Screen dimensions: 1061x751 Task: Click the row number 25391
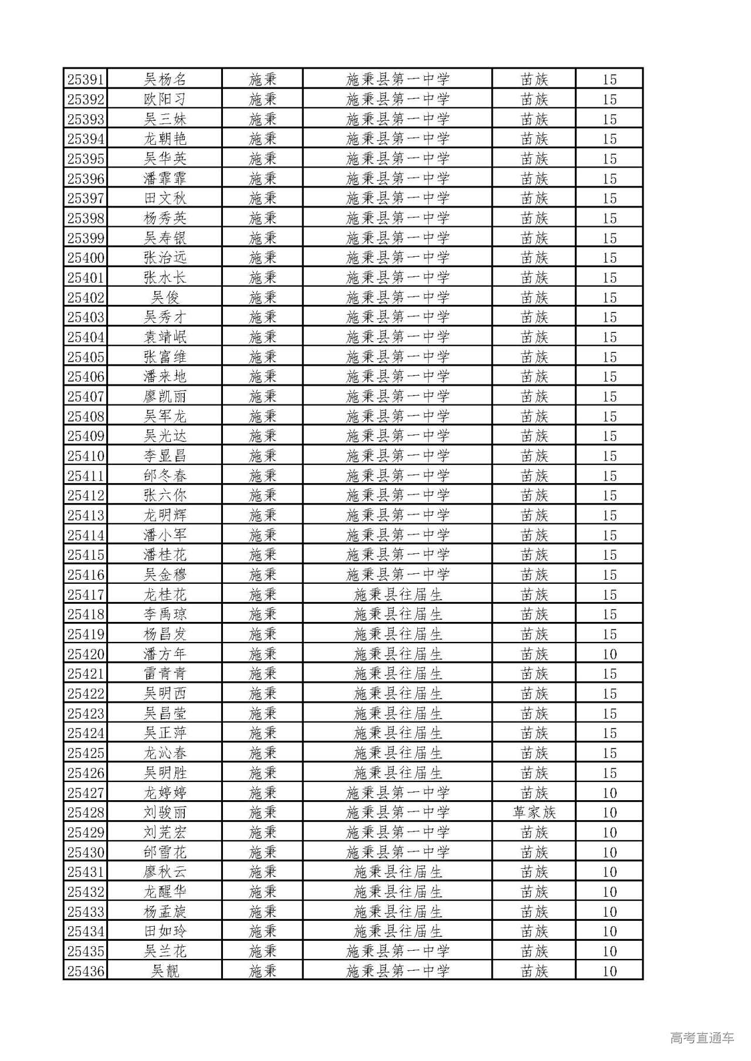pyautogui.click(x=86, y=79)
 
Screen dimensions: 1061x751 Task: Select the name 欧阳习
pyautogui.click(x=165, y=99)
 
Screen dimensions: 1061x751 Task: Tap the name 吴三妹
pyautogui.click(x=165, y=119)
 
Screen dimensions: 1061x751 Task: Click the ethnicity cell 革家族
pyautogui.click(x=534, y=812)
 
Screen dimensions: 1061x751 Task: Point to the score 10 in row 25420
pyautogui.click(x=610, y=654)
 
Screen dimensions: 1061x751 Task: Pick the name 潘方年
pyautogui.click(x=165, y=654)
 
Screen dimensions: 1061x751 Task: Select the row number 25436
pyautogui.click(x=86, y=971)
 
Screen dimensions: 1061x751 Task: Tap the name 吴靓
pyautogui.click(x=165, y=971)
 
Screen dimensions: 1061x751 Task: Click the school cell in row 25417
pyautogui.click(x=398, y=595)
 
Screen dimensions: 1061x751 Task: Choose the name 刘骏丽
pyautogui.click(x=165, y=812)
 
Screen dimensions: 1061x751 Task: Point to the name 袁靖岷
pyautogui.click(x=165, y=337)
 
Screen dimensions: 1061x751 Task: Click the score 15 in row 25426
pyautogui.click(x=610, y=773)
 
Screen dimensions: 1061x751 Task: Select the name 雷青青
pyautogui.click(x=165, y=674)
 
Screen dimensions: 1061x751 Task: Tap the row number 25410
pyautogui.click(x=86, y=456)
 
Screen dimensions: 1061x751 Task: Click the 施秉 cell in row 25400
pyautogui.click(x=262, y=258)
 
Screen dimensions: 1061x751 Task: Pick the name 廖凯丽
pyautogui.click(x=165, y=396)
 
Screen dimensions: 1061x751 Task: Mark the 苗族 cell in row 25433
pyautogui.click(x=534, y=912)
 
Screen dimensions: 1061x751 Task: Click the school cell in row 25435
pyautogui.click(x=398, y=951)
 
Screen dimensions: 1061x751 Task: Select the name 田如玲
pyautogui.click(x=165, y=931)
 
